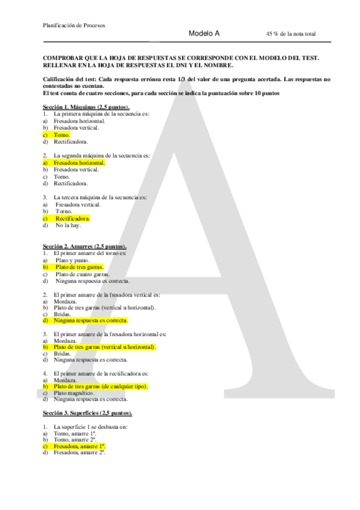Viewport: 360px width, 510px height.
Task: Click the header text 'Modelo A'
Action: click(x=204, y=34)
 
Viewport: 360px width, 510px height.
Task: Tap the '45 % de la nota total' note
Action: click(x=290, y=34)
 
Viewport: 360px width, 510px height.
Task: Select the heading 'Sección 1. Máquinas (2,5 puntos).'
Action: click(x=82, y=106)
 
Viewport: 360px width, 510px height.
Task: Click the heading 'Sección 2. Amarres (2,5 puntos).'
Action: click(x=84, y=247)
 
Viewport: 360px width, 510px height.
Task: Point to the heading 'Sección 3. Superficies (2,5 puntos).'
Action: click(x=87, y=414)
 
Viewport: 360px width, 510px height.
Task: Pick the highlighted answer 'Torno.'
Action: click(x=61, y=135)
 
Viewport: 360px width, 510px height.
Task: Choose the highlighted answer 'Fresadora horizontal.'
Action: click(x=79, y=162)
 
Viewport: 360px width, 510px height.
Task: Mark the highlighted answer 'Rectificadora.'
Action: click(x=73, y=218)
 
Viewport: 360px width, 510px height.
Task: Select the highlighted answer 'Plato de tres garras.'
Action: click(x=79, y=267)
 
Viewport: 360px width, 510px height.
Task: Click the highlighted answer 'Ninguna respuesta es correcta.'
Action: click(x=90, y=321)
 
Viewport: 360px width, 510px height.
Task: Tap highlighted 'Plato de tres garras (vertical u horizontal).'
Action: click(x=104, y=347)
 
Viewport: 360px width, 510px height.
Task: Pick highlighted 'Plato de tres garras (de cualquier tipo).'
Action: click(x=100, y=386)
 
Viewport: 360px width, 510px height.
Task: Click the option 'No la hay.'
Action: click(x=68, y=226)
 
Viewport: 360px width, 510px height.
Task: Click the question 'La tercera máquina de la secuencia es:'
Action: click(x=100, y=197)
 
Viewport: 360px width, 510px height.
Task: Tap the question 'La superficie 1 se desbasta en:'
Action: click(x=90, y=427)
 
